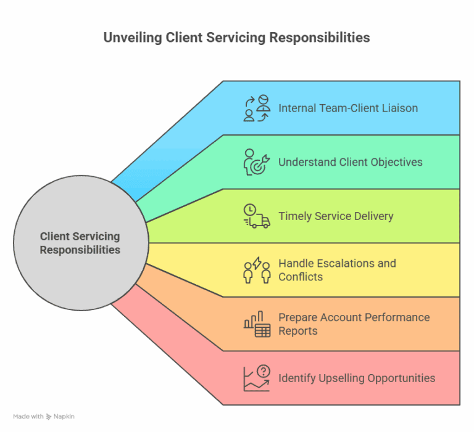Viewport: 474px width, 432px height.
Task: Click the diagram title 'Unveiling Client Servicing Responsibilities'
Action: (x=236, y=38)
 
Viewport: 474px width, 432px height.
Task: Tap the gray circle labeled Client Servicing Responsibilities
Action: (x=80, y=243)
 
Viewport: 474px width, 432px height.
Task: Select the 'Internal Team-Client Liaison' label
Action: (x=348, y=108)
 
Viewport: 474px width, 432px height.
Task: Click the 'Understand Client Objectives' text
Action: (x=350, y=162)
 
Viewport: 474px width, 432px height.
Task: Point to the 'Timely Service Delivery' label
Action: (x=336, y=216)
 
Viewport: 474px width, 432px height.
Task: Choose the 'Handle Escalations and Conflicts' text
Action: (x=337, y=270)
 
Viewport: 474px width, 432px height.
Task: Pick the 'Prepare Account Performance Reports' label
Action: (x=354, y=324)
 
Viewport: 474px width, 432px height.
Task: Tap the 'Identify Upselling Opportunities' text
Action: (x=357, y=378)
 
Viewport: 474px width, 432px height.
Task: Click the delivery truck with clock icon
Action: (x=257, y=216)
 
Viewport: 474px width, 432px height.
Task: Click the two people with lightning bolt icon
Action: (x=257, y=270)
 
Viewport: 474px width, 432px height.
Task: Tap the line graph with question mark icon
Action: (x=257, y=378)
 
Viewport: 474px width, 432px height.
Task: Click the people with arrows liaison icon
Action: (x=257, y=108)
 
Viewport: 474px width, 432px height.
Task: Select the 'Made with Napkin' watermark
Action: (x=44, y=417)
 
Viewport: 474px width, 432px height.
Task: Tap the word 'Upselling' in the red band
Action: (x=341, y=378)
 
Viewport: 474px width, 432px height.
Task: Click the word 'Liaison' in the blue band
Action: (x=398, y=108)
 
